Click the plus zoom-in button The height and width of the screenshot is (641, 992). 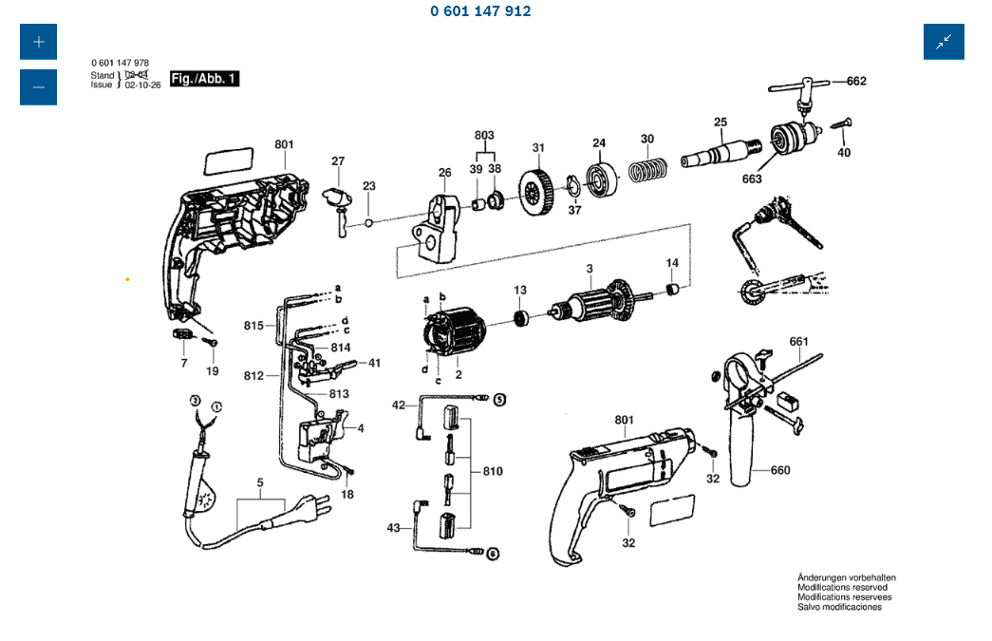click(x=38, y=42)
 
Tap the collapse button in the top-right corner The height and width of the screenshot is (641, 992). click(x=944, y=42)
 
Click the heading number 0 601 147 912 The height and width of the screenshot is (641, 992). click(x=480, y=11)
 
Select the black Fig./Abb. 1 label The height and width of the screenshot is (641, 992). click(x=204, y=79)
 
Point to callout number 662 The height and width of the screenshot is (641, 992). click(x=856, y=82)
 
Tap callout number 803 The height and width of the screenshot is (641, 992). click(x=484, y=136)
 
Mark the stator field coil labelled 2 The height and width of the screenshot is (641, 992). click(x=453, y=334)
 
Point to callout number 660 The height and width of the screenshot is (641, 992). click(x=780, y=470)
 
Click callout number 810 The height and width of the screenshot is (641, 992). click(x=493, y=471)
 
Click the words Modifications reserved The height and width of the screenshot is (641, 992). click(x=842, y=588)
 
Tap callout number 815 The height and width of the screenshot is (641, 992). click(x=253, y=326)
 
